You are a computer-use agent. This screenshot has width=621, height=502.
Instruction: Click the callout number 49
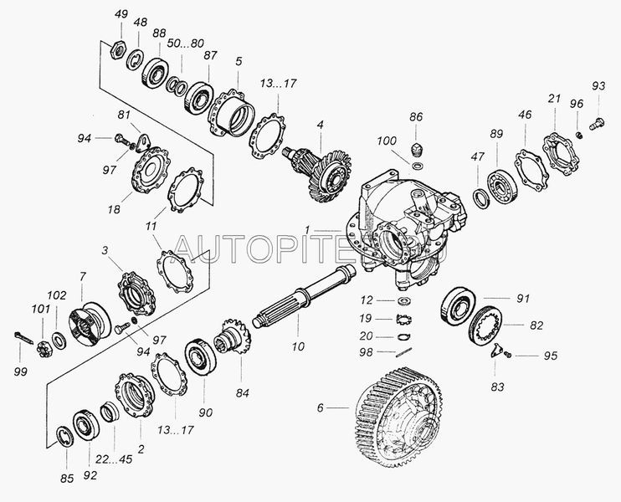tap(121, 14)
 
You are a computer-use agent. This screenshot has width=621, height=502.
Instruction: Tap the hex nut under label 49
tap(118, 50)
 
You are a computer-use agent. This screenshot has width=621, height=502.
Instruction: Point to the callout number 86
tap(416, 117)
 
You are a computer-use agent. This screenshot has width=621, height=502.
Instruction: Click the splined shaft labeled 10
tap(304, 297)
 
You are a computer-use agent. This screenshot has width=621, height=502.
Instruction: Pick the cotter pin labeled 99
tap(23, 339)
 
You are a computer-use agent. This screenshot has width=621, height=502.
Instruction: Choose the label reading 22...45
tap(114, 459)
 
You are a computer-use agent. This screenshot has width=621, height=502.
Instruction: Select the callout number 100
tap(386, 141)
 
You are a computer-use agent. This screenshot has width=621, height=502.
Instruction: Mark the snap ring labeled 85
tap(65, 436)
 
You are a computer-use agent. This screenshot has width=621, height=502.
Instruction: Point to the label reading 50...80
tap(185, 44)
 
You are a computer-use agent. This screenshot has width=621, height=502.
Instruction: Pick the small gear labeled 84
tap(233, 342)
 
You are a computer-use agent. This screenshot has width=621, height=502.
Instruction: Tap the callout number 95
tap(551, 356)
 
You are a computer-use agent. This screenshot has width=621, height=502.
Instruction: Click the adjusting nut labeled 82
tap(485, 325)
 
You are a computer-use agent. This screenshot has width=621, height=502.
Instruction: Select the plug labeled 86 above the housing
tap(416, 149)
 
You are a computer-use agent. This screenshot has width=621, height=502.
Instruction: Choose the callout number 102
tap(57, 295)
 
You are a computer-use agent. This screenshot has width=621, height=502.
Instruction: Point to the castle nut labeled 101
tap(43, 348)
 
